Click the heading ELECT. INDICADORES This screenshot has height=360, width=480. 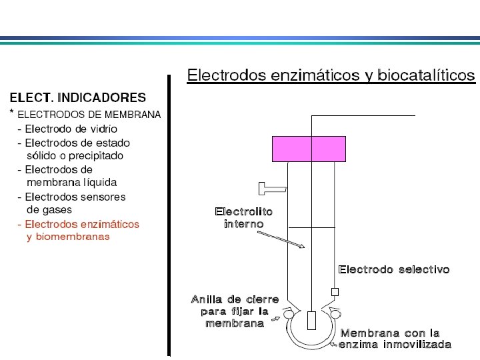coord(77,98)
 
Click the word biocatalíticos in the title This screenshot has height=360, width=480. coord(426,75)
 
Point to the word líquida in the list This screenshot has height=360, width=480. coord(99,182)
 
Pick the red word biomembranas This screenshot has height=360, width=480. coord(68,236)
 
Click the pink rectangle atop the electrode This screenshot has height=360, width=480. coord(309,149)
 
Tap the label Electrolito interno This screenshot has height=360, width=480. coord(243,218)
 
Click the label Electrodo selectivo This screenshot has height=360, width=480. coord(394,270)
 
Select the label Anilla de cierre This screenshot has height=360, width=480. coord(235,300)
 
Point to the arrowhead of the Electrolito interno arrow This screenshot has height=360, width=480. coord(302,247)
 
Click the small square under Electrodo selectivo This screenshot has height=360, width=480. coord(335,291)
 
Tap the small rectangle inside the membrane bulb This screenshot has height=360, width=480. coord(311,320)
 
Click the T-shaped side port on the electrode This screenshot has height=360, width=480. coord(272,189)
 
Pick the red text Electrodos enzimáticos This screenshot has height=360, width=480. coord(78,224)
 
